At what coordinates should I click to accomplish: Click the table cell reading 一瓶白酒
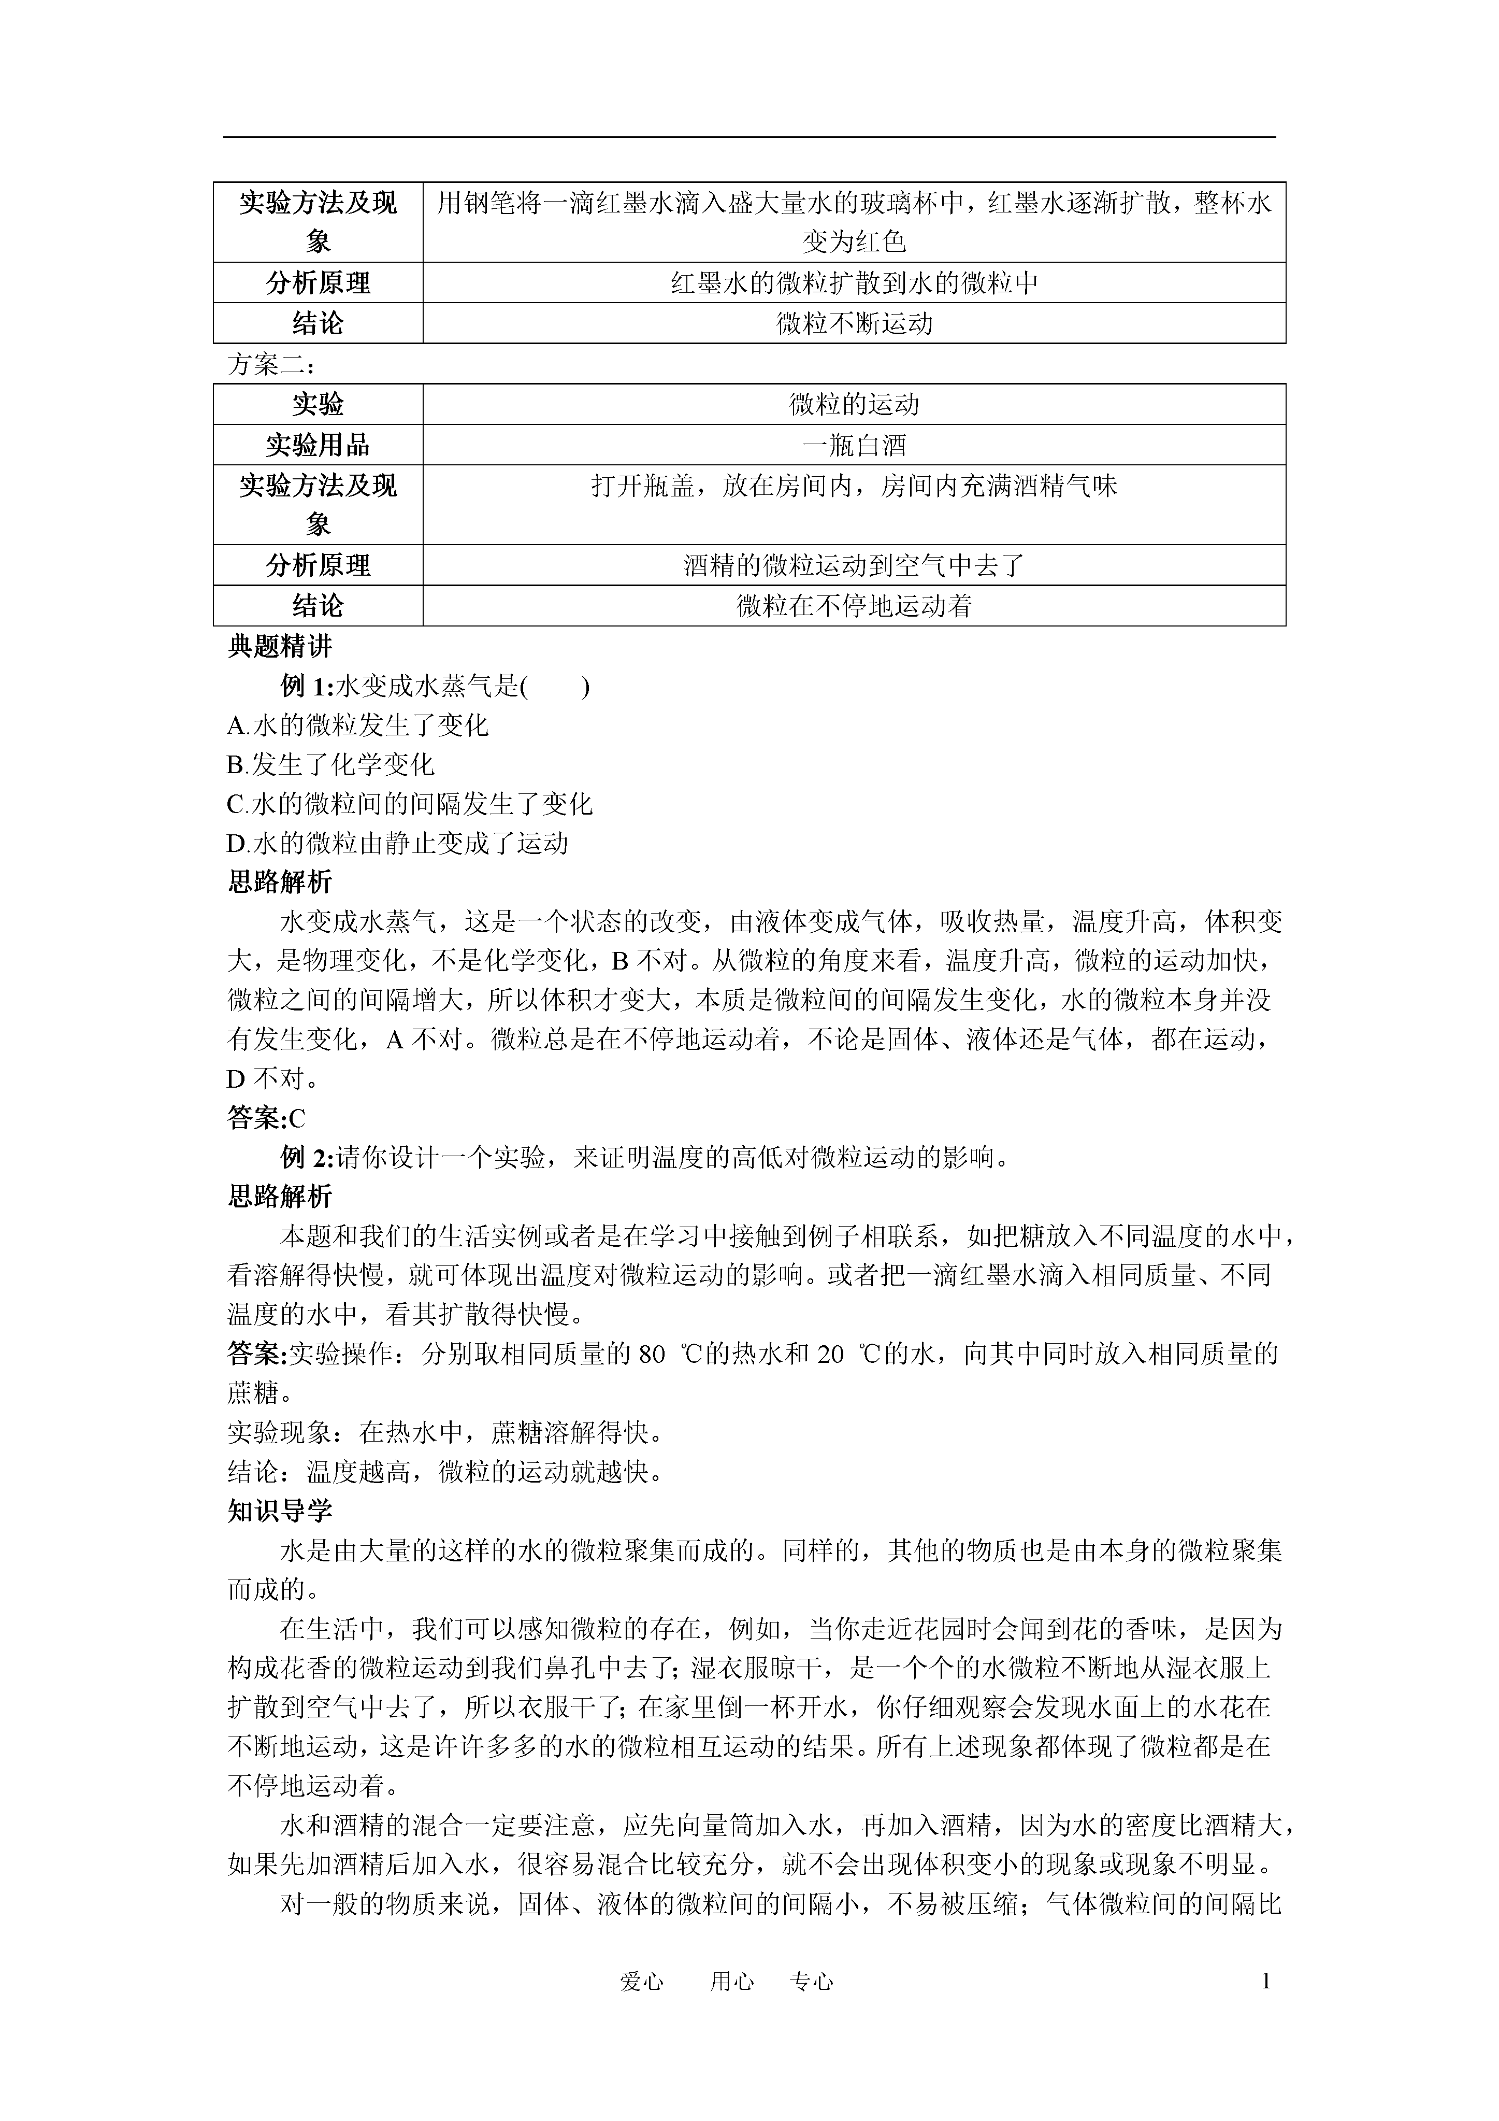tap(854, 445)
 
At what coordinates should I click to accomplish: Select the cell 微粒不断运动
tap(854, 323)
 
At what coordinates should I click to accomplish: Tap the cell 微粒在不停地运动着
tap(854, 606)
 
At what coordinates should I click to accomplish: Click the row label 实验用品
tap(318, 445)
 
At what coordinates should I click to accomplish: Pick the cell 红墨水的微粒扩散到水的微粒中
tap(854, 282)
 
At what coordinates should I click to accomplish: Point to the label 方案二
tap(270, 365)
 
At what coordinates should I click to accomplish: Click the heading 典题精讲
tap(280, 647)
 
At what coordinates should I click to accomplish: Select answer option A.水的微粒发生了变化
tap(357, 725)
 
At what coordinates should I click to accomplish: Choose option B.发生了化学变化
tap(330, 765)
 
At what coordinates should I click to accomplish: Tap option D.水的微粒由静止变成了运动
tap(397, 844)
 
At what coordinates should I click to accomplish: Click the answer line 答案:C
tap(266, 1119)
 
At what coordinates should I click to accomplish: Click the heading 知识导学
tap(280, 1511)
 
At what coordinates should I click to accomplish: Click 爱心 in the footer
tap(642, 1982)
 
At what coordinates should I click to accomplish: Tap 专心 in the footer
tap(812, 1982)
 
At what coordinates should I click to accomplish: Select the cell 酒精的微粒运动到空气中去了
tap(854, 565)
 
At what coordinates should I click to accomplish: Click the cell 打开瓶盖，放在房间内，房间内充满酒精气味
tap(854, 486)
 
